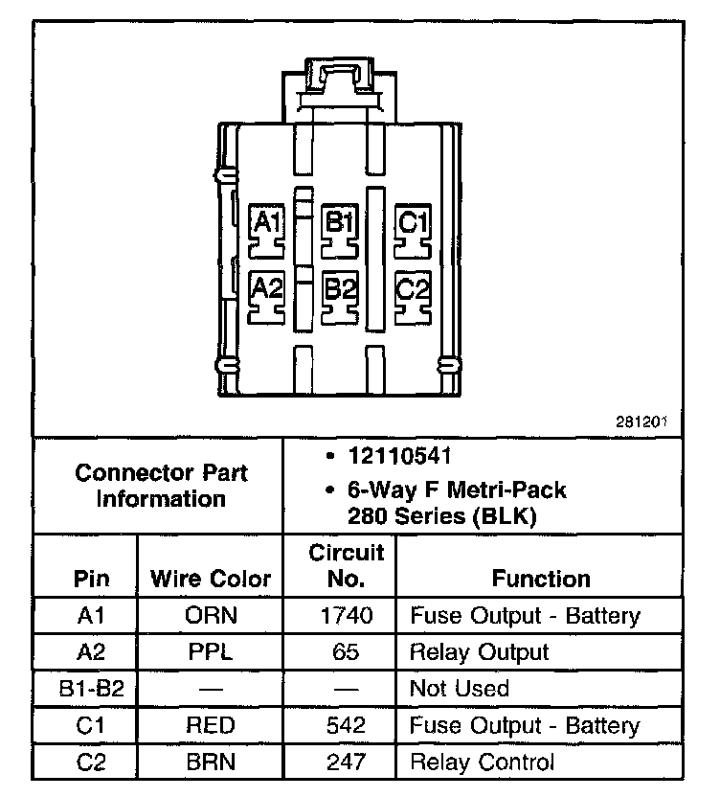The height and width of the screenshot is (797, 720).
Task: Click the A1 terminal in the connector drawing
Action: pyautogui.click(x=266, y=227)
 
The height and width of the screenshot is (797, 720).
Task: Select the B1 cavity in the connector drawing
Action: pyautogui.click(x=339, y=227)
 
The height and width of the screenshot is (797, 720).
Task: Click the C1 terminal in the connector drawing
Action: pyautogui.click(x=413, y=227)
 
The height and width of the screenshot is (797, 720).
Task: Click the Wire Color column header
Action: pyautogui.click(x=211, y=579)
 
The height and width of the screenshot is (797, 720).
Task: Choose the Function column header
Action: pyautogui.click(x=541, y=579)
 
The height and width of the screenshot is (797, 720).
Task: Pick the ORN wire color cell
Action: pyautogui.click(x=211, y=616)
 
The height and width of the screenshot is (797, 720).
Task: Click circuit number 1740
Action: pyautogui.click(x=347, y=616)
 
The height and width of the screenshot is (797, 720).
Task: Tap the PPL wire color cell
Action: pyautogui.click(x=211, y=652)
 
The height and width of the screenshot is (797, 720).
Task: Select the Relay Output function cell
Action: pyautogui.click(x=479, y=652)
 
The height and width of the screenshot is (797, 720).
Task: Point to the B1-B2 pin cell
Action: pyautogui.click(x=91, y=689)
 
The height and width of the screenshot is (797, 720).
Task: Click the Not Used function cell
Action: pyautogui.click(x=459, y=689)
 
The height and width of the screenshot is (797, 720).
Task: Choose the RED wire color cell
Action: pyautogui.click(x=211, y=725)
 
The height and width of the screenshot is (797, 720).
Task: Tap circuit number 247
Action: pyautogui.click(x=347, y=763)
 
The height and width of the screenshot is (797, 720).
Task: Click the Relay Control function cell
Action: pyautogui.click(x=482, y=763)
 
